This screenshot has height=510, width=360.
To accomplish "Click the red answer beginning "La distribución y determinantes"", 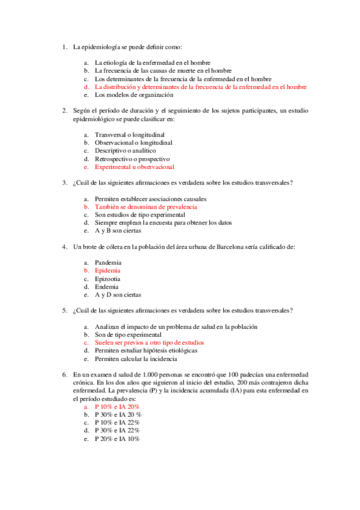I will click(200, 87).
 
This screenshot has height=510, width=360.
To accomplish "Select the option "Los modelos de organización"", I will click(134, 94).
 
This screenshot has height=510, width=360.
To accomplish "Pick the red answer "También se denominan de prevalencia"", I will click(145, 206).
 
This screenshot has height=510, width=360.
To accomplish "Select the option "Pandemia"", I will click(108, 263).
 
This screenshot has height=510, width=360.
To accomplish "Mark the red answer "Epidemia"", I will click(108, 271).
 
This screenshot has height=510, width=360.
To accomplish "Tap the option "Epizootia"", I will click(108, 279).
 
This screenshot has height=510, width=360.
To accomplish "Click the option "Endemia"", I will click(107, 287).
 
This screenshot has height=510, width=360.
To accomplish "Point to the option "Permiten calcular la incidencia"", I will click(136, 359).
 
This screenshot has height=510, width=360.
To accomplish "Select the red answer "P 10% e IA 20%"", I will click(117, 407).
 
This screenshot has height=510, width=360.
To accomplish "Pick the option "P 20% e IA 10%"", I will click(117, 439).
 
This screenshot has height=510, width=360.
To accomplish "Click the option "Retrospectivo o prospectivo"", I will click(133, 159).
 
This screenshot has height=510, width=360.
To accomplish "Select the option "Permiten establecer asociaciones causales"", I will click(150, 198).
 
